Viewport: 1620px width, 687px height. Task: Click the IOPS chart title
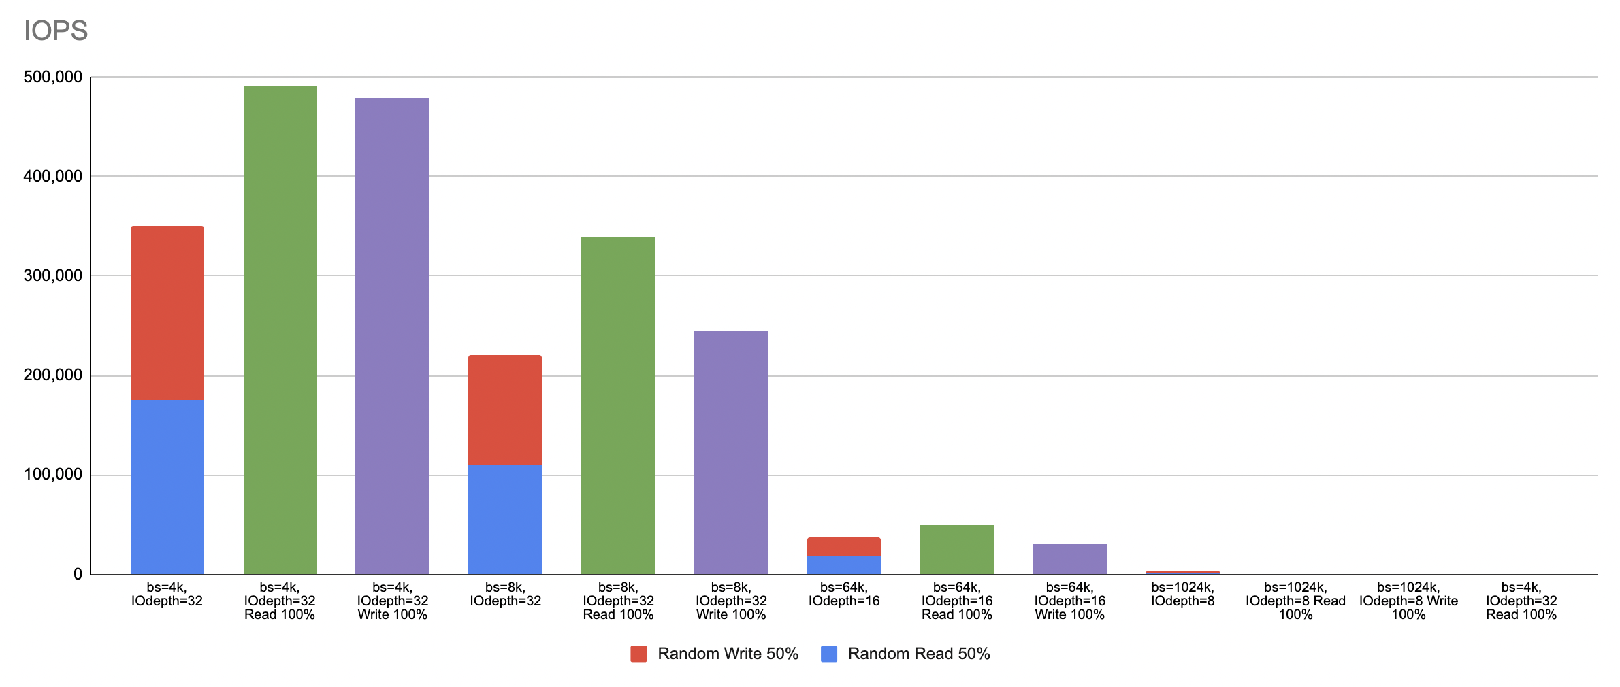[x=56, y=31]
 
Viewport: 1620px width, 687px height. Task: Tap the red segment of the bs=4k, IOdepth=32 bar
[x=167, y=313]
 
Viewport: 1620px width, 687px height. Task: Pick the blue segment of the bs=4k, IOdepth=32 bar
[x=167, y=486]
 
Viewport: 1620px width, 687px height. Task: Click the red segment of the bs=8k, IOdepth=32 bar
[x=505, y=410]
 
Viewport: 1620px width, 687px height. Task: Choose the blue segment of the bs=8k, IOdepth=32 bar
[x=505, y=519]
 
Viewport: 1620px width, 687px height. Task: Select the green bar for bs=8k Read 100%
[x=618, y=405]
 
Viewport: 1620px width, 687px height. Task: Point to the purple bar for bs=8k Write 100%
[x=731, y=452]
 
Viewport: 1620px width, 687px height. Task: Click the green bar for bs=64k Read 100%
[x=956, y=550]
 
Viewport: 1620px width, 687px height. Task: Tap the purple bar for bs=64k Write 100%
[x=1069, y=559]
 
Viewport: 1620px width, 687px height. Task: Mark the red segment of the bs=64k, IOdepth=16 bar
[x=844, y=547]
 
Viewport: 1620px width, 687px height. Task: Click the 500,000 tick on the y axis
[x=53, y=77]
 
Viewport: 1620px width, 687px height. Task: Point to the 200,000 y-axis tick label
[x=53, y=375]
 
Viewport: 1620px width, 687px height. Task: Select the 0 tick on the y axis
[x=78, y=574]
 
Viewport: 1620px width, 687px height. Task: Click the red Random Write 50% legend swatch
[x=638, y=654]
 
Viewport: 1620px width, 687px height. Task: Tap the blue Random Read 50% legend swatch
[x=829, y=654]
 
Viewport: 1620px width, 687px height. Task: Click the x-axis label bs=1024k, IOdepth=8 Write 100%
[x=1408, y=601]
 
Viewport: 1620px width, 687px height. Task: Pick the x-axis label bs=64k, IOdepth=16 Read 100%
[x=956, y=601]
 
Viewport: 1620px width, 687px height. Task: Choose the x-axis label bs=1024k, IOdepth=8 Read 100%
[x=1295, y=601]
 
